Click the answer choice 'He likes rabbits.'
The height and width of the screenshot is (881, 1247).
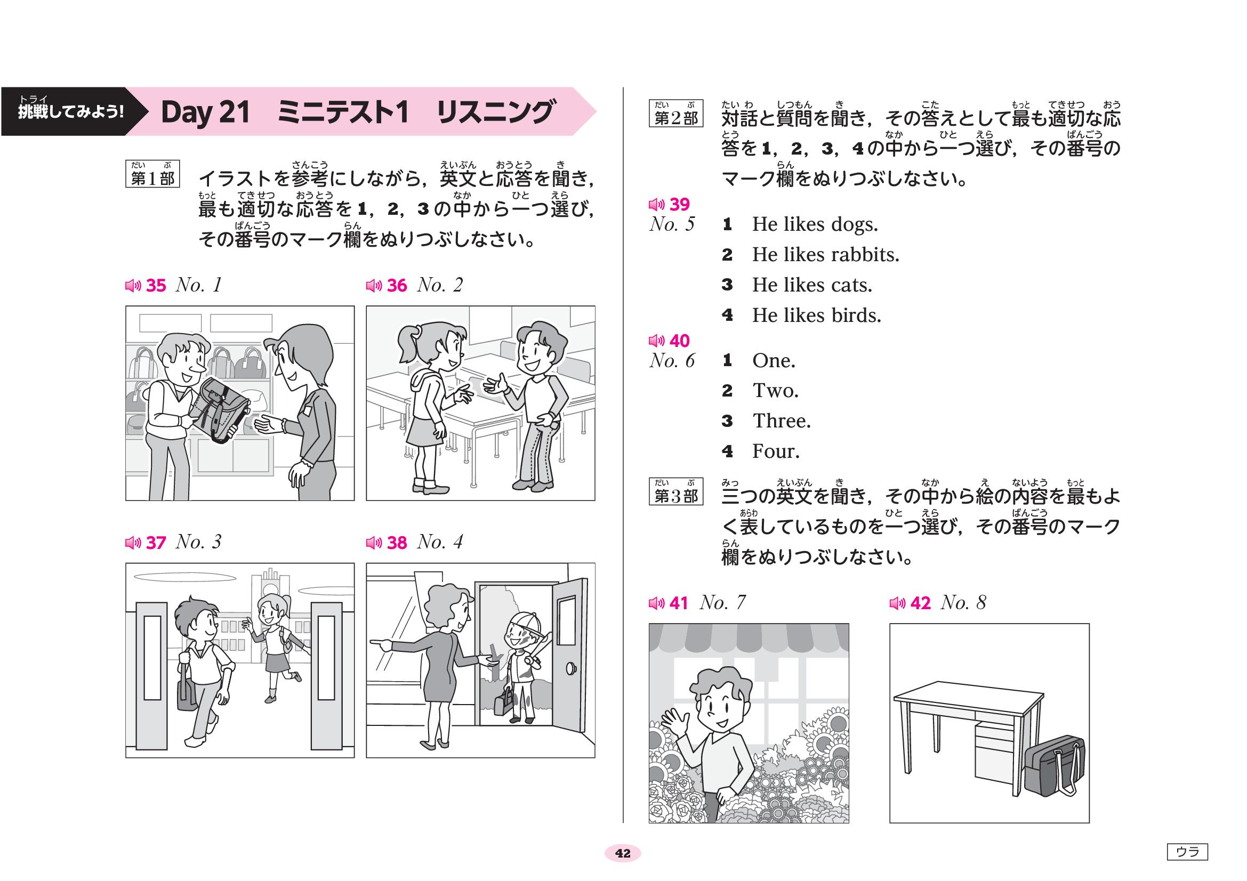point(825,255)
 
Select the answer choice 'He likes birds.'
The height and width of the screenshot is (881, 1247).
point(816,316)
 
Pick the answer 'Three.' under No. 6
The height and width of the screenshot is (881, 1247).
point(782,421)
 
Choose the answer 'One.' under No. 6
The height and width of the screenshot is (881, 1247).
point(774,360)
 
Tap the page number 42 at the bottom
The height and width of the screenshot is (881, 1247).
point(623,853)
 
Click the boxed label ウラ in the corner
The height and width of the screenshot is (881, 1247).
point(1187,852)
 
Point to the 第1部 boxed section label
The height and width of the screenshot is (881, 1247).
point(152,174)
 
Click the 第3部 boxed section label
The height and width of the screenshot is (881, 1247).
point(675,492)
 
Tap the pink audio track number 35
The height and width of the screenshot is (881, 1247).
point(156,286)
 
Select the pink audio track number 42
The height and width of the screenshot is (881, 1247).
point(920,603)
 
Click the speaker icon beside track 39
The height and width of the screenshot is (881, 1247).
point(657,205)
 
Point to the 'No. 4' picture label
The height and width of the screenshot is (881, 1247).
point(439,541)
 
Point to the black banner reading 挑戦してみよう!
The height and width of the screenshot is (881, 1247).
point(71,111)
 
